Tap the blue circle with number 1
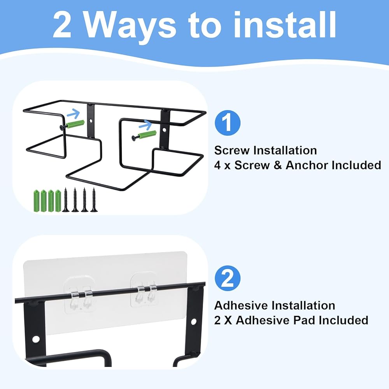pos(228,123)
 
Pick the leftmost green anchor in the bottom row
pos(37,201)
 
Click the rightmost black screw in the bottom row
pos(94,200)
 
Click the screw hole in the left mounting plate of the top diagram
pos(91,121)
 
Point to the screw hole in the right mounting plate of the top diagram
pos(164,130)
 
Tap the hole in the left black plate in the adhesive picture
pos(36,339)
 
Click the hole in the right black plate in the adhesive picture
pos(193,322)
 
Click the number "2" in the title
pos(62,25)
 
